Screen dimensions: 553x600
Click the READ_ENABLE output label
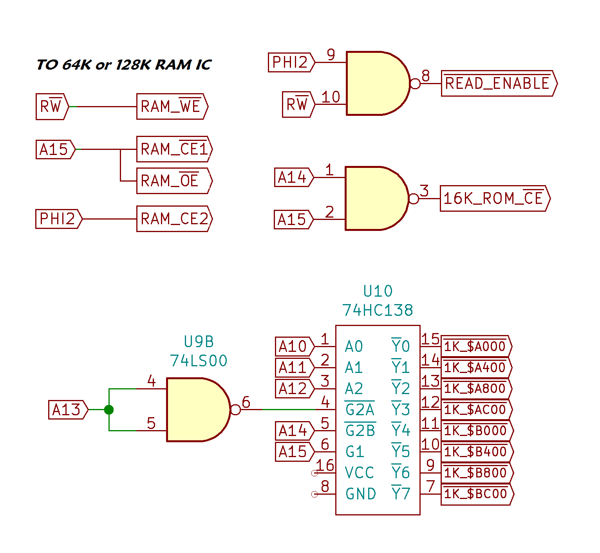(x=498, y=83)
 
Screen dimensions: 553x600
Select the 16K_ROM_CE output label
(x=494, y=198)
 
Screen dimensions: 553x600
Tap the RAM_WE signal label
(x=172, y=106)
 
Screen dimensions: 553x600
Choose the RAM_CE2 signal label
(x=174, y=219)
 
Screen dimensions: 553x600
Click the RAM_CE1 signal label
(x=174, y=149)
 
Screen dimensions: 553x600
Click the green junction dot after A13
(x=109, y=410)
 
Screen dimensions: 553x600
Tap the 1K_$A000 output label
(x=475, y=346)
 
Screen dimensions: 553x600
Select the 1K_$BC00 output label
(x=476, y=494)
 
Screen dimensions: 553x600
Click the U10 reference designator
(x=378, y=291)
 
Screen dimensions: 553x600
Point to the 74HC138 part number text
(x=378, y=310)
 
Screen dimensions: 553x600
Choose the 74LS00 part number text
(x=199, y=360)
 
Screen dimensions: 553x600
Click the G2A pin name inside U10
(x=360, y=410)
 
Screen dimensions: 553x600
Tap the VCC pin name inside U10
(x=359, y=473)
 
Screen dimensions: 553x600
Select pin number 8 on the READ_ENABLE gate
(x=426, y=75)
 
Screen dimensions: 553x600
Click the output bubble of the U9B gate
(x=235, y=410)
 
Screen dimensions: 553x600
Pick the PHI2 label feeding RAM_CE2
(x=58, y=219)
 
